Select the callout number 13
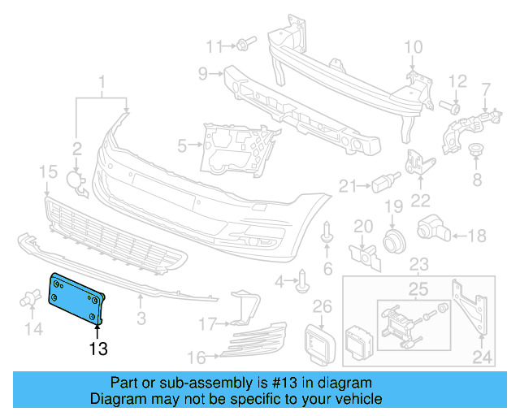click(98, 349)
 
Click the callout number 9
click(203, 74)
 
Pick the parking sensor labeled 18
click(430, 232)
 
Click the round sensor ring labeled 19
click(395, 240)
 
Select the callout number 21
click(348, 186)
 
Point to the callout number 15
click(48, 171)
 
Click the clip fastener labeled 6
click(327, 234)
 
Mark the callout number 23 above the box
click(418, 263)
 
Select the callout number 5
click(184, 145)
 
